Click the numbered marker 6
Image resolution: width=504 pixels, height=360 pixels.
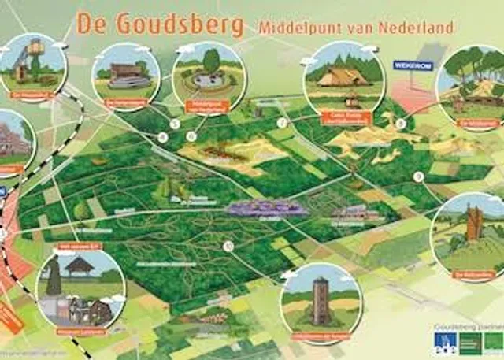(191, 135)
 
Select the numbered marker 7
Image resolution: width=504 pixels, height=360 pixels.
(281, 122)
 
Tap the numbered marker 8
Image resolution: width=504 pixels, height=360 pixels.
(401, 124)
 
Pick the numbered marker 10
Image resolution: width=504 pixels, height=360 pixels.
(228, 246)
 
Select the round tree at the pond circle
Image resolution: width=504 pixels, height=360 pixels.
(210, 60)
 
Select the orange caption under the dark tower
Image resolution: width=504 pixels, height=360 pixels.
(320, 337)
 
